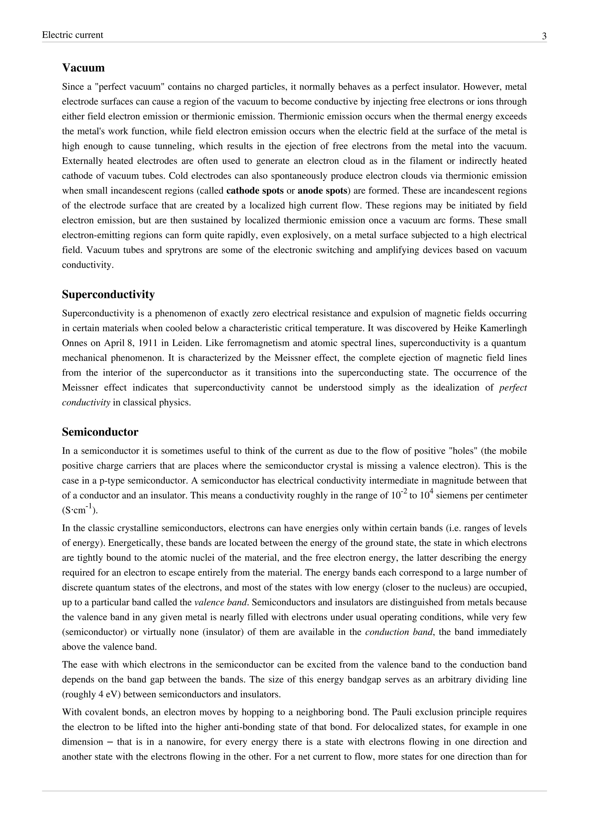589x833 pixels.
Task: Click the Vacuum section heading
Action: click(83, 68)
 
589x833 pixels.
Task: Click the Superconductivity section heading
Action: click(108, 295)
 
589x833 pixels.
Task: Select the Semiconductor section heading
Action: click(100, 432)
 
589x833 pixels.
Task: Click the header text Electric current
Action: click(72, 35)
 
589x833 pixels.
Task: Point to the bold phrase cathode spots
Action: click(255, 191)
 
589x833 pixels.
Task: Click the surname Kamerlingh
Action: click(506, 328)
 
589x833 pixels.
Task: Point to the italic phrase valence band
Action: click(221, 603)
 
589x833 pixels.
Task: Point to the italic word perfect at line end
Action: click(513, 388)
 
